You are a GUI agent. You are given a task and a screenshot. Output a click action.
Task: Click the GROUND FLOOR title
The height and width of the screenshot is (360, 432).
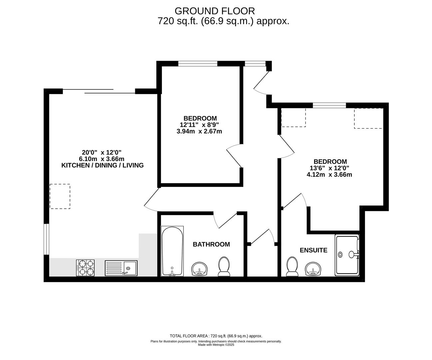[x=215, y=11]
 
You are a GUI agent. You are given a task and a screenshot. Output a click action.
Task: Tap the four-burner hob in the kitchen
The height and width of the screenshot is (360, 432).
[x=85, y=268]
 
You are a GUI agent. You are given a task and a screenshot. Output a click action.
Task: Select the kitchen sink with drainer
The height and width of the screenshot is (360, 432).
[x=121, y=268]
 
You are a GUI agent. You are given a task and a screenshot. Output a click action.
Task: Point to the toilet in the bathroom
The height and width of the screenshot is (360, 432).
[x=224, y=266]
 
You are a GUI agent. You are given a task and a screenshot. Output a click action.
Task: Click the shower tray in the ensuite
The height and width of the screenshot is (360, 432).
[x=347, y=255]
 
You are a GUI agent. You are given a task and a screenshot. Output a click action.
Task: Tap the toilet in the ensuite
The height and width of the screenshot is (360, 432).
[x=292, y=266]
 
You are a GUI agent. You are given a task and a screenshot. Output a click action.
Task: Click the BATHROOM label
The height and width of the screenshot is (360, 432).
[x=211, y=244]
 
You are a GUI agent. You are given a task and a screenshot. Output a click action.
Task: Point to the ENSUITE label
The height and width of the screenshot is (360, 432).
[x=313, y=250]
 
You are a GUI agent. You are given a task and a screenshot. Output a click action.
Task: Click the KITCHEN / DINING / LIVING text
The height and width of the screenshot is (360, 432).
[x=102, y=165]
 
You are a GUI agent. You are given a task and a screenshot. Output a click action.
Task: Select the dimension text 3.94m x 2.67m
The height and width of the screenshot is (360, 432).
[x=199, y=131]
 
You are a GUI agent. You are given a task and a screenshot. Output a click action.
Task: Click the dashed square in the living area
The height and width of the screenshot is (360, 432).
[x=60, y=196]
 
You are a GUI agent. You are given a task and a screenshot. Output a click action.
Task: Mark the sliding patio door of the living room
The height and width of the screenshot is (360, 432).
[x=99, y=91]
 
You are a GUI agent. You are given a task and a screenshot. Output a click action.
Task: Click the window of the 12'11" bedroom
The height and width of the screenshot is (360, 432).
[x=198, y=63]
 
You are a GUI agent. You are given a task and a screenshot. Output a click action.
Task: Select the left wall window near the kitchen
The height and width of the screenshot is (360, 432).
[x=46, y=239]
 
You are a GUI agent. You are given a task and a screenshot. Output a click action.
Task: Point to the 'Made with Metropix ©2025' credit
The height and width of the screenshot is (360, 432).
[x=216, y=345]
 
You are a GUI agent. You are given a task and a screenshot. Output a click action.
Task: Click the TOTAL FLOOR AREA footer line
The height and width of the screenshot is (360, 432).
[x=216, y=336]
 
